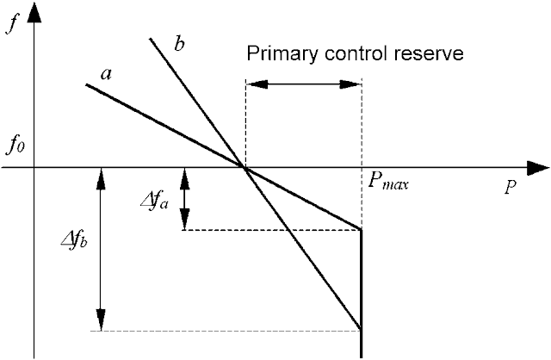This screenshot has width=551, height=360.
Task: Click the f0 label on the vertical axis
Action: pyautogui.click(x=16, y=146)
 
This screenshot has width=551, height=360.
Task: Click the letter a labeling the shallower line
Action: pyautogui.click(x=106, y=73)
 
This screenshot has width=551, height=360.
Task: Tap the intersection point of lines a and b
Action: pyautogui.click(x=246, y=168)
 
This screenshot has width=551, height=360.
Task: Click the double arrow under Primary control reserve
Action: pyautogui.click(x=303, y=84)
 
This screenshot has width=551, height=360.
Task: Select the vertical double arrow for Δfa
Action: pyautogui.click(x=184, y=199)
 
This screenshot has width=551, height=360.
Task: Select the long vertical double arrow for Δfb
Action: pyautogui.click(x=101, y=249)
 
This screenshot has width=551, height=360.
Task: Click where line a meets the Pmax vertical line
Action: pyautogui.click(x=361, y=229)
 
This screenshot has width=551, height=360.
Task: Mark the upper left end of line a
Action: pyautogui.click(x=87, y=84)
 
